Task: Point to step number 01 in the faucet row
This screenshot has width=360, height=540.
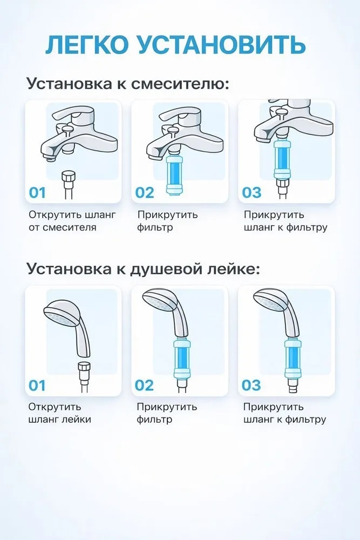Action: [x=37, y=193]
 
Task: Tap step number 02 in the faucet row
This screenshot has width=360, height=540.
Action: [x=145, y=193]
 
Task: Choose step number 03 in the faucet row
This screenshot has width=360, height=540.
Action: [x=252, y=193]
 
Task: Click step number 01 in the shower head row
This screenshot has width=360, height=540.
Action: [x=37, y=386]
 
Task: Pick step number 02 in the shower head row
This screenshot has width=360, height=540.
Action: [x=144, y=386]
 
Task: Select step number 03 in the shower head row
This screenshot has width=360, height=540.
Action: [x=251, y=386]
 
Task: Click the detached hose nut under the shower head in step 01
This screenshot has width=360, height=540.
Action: [x=84, y=369]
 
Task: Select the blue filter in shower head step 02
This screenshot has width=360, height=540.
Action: [x=182, y=358]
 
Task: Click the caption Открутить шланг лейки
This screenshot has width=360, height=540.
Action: [x=59, y=413]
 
